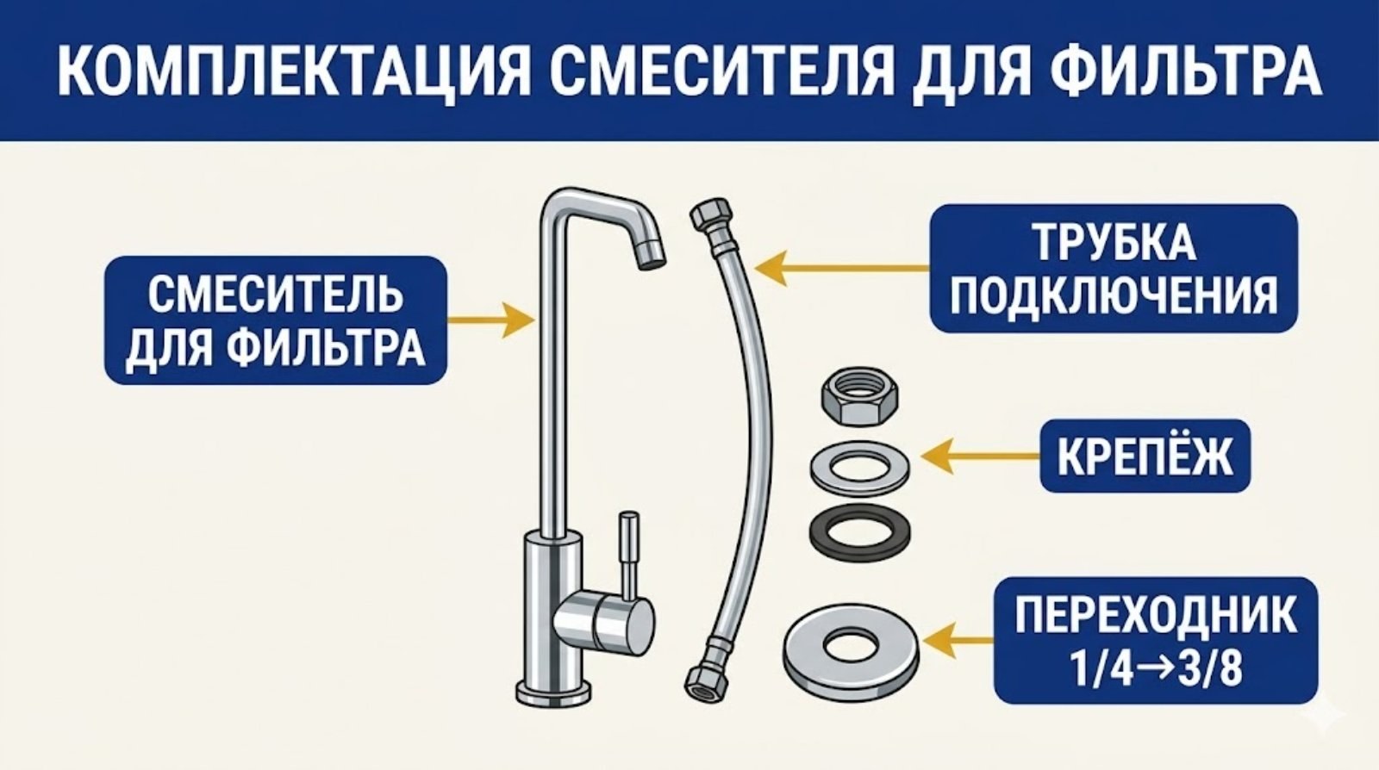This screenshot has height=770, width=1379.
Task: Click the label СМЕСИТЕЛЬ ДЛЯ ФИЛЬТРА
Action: click(276, 320)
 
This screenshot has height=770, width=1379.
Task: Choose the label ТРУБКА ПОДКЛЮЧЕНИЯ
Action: click(1113, 268)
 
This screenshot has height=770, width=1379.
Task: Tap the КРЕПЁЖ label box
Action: click(1144, 456)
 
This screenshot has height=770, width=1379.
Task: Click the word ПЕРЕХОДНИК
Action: click(1155, 615)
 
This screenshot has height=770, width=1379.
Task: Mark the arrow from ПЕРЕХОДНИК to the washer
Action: click(957, 642)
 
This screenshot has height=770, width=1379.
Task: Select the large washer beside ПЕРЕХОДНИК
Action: click(850, 645)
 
